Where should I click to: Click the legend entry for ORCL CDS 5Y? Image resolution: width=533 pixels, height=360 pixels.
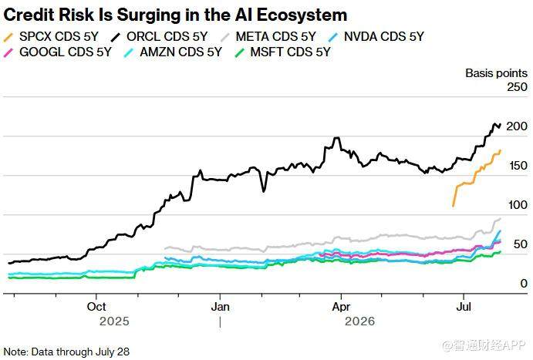[x=160, y=36]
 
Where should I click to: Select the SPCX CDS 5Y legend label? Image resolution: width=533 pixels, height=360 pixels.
[x=51, y=36]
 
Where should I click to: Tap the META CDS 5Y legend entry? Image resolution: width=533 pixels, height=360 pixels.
[x=268, y=36]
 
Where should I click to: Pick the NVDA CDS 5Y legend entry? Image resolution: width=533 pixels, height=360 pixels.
[x=376, y=36]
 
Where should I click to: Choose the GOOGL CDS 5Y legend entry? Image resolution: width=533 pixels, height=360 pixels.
[x=57, y=52]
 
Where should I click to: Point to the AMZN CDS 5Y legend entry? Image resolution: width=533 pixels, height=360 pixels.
[x=174, y=52]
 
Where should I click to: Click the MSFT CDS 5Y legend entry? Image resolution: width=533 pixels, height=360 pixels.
[x=283, y=52]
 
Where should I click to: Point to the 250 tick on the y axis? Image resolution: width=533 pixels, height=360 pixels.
[x=517, y=87]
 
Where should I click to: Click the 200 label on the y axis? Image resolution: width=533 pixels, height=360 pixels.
[x=517, y=126]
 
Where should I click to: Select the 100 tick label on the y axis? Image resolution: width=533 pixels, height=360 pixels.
[x=518, y=205]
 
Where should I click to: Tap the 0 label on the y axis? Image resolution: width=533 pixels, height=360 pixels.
[x=524, y=283]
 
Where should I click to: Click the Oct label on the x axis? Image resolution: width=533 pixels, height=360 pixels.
[x=96, y=307]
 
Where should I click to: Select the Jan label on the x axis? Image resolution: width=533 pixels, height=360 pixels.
[x=221, y=307]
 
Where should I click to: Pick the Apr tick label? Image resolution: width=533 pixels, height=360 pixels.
[x=341, y=307]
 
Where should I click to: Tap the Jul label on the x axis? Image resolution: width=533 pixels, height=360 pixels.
[x=464, y=307]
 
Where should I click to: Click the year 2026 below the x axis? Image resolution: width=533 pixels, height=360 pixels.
[x=359, y=321]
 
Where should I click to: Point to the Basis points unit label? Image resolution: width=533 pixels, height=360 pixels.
[x=496, y=73]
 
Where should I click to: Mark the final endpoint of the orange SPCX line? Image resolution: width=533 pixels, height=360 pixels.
[x=500, y=150]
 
